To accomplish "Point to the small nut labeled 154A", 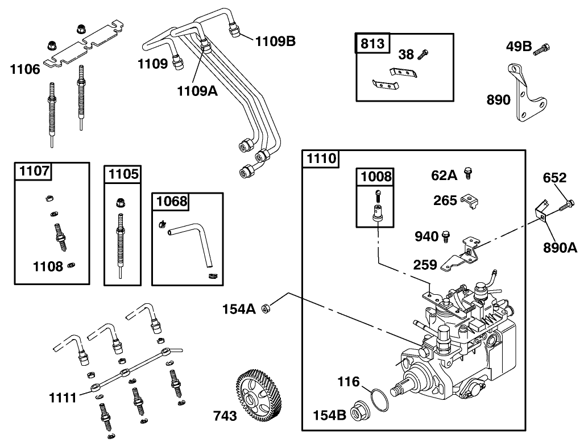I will pyautogui.click(x=265, y=308).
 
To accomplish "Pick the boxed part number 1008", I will pyautogui.click(x=375, y=177).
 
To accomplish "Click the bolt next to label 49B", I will pyautogui.click(x=542, y=49).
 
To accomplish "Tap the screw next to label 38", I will pyautogui.click(x=423, y=54).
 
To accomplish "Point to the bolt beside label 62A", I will pyautogui.click(x=469, y=173).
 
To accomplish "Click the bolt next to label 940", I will pyautogui.click(x=446, y=235).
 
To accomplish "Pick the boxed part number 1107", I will pyautogui.click(x=35, y=170).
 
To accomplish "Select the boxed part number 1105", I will pyautogui.click(x=123, y=174).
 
